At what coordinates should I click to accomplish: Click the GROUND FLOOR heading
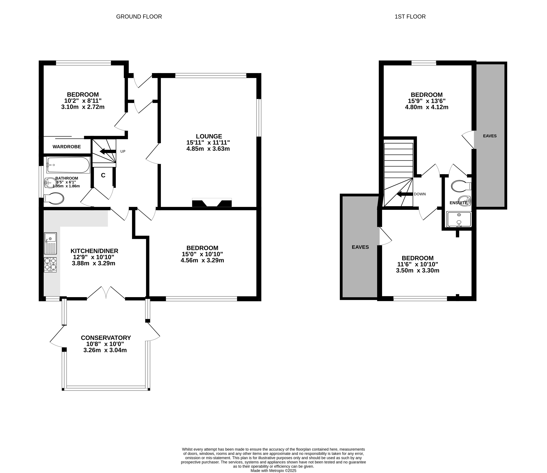click(139, 17)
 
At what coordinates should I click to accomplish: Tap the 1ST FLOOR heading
click(410, 17)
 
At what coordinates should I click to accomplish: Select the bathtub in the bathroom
click(68, 165)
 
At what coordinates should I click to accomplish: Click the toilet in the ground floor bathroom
click(54, 198)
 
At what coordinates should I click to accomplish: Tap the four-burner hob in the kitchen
click(50, 265)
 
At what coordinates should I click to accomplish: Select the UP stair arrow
click(108, 151)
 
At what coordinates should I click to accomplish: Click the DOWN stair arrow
click(405, 194)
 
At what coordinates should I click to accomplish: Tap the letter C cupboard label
click(103, 175)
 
